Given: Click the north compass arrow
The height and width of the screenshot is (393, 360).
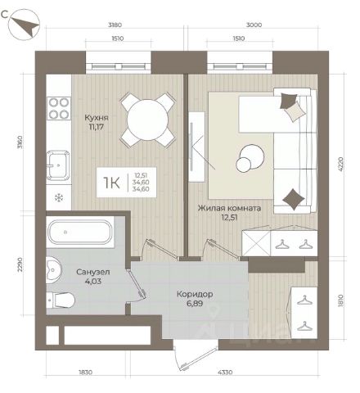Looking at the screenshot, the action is [25, 26].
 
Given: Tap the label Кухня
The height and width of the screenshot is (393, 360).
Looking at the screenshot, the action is [97, 118].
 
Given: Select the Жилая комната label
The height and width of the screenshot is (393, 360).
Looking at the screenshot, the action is [229, 208].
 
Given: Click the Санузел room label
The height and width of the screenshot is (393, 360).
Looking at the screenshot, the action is [93, 272].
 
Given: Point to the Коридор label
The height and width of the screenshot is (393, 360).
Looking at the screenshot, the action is [195, 295].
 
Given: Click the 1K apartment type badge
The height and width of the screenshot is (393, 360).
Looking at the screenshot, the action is [127, 183].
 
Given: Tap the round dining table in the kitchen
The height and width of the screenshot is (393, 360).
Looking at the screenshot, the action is [147, 120].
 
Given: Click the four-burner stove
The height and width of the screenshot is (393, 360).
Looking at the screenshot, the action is [59, 108].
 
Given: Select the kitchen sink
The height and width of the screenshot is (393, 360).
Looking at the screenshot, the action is [58, 165].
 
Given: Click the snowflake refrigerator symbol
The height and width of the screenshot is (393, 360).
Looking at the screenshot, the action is [58, 197].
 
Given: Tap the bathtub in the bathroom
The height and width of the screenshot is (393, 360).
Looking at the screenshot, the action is [80, 232].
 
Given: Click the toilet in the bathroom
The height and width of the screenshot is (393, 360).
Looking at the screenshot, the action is [61, 300].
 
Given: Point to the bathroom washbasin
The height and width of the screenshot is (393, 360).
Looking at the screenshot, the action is [54, 270].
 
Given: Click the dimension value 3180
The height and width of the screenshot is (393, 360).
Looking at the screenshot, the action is [115, 25].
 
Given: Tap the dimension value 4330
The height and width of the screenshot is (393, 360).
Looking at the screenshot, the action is [225, 372].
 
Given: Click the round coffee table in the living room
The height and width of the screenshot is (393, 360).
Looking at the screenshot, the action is [250, 158].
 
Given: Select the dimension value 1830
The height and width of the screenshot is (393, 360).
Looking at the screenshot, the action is [85, 372].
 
